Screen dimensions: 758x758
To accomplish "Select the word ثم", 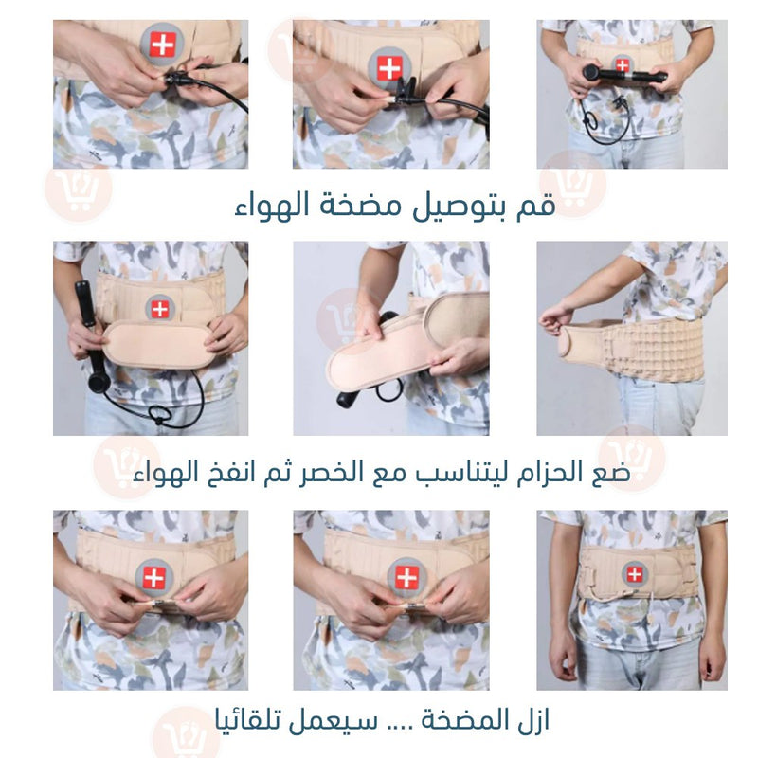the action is click(277, 472).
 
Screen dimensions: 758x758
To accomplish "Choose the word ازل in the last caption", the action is click(534, 720).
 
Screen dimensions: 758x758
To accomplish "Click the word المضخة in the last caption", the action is click(465, 721).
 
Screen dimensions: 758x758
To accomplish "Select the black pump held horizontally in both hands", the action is click(624, 75).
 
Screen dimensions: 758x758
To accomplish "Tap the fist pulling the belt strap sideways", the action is click(556, 317).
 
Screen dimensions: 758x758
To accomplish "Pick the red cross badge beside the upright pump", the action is click(160, 308).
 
